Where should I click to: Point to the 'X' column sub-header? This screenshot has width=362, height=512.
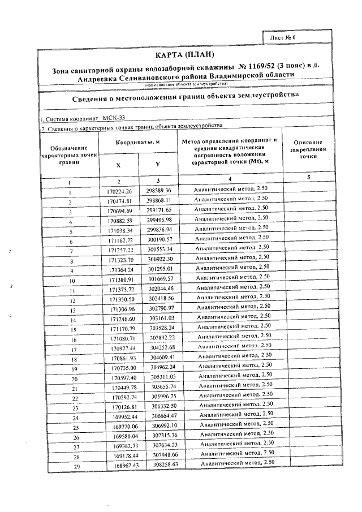click(x=118, y=165)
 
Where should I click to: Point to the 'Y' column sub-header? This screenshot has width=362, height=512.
click(x=158, y=165)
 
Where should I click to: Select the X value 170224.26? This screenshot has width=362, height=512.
click(x=119, y=191)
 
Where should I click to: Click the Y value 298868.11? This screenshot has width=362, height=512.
click(x=162, y=200)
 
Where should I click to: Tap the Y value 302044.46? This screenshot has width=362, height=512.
click(x=166, y=289)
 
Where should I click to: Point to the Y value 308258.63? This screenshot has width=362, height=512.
click(x=170, y=464)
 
